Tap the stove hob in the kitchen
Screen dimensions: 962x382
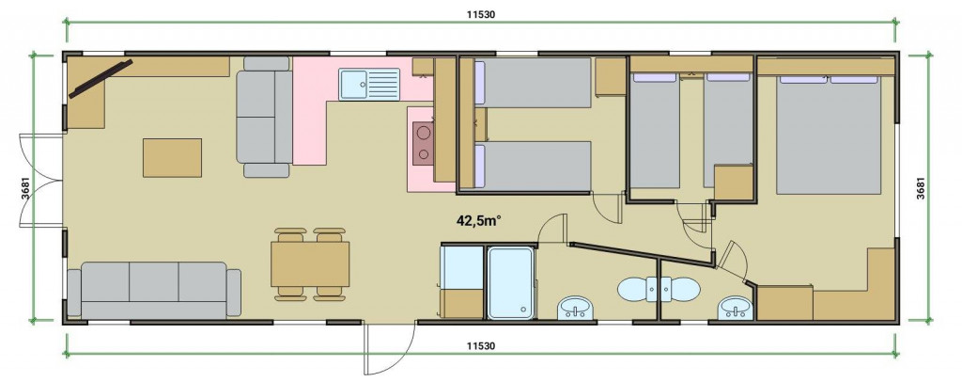coord(423,143)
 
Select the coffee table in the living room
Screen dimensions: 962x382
coord(173,158)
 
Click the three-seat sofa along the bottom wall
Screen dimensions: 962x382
coord(154,291)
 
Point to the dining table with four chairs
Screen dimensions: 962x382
coord(310,264)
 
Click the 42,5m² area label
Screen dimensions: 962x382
coord(478,221)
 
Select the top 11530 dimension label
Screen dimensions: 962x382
coord(480,15)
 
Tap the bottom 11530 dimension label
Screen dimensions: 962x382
coord(480,345)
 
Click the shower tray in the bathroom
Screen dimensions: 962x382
coord(510,282)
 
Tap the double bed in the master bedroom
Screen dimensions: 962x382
coord(829,135)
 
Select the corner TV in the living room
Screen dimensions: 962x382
coord(101,79)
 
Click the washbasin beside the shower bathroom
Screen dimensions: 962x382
coord(576,308)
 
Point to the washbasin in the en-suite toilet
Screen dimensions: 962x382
coord(736,307)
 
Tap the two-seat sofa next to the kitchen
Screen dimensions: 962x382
coord(265,117)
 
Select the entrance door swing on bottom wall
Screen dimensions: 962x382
coord(390,348)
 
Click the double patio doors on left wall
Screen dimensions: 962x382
coord(41,181)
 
